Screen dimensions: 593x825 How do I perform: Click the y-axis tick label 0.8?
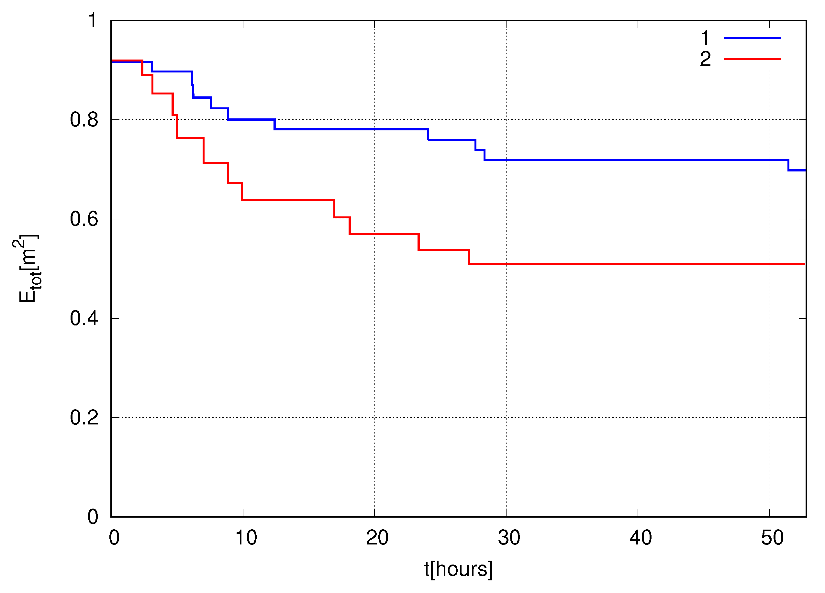click(84, 120)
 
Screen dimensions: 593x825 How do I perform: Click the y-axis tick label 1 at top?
click(93, 20)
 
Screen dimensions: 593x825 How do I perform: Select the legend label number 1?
click(705, 38)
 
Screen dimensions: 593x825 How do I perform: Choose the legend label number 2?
click(705, 59)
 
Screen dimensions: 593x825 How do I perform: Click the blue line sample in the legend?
click(752, 38)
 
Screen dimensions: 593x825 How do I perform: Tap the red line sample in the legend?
click(752, 59)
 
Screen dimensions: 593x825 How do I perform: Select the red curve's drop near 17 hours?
click(334, 209)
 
